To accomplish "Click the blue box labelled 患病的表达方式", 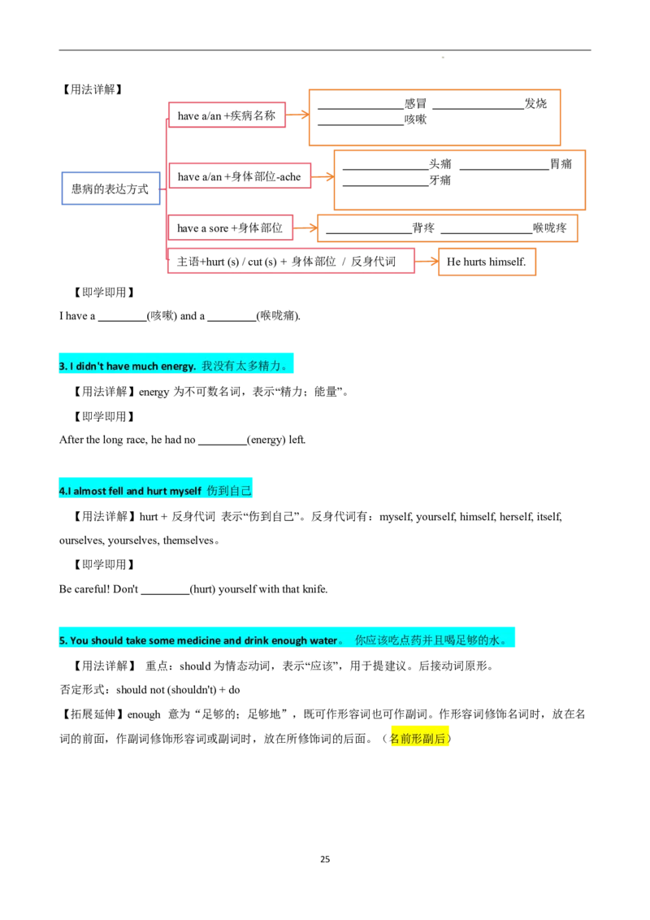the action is [110, 189].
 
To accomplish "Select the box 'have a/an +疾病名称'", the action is [227, 115].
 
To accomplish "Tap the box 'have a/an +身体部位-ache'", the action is [240, 176].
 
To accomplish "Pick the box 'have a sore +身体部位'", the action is [230, 228].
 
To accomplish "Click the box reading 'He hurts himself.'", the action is [487, 262].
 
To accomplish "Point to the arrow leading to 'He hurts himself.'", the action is [427, 262].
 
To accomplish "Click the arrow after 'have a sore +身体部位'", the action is [305, 228].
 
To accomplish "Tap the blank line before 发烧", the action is [478, 109].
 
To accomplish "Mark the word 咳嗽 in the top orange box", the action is [415, 119].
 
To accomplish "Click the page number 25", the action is [325, 859].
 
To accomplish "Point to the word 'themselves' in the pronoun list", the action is [188, 540].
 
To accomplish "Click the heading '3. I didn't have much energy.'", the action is [128, 366].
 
